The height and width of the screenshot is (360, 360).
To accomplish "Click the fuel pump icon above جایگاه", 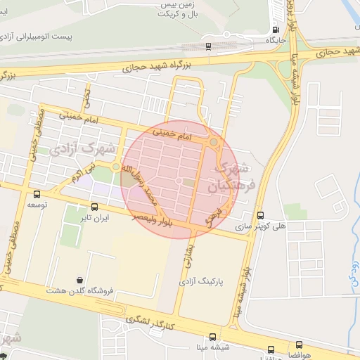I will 275,30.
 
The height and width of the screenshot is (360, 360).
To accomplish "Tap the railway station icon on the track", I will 208,47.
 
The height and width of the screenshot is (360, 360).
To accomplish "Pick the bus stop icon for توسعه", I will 37,195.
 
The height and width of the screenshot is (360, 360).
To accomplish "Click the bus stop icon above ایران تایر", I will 95,207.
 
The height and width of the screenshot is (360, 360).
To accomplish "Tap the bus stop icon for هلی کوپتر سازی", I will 261,215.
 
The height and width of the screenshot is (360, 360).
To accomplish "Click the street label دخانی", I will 87,96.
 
